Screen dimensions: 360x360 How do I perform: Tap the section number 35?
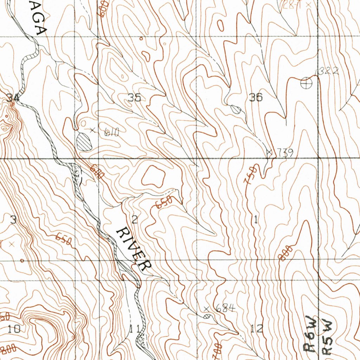[x=134, y=98]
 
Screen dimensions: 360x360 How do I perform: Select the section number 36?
[x=256, y=97]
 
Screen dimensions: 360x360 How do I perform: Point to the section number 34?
[x=13, y=98]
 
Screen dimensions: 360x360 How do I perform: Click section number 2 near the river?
[x=134, y=220]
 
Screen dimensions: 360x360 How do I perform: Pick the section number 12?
[x=257, y=329]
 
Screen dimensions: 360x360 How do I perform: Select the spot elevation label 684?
[x=225, y=309]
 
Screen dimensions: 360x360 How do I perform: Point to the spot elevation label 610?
[x=112, y=133]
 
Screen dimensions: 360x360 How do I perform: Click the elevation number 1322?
[x=327, y=71]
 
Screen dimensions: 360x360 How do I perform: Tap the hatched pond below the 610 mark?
[x=84, y=142]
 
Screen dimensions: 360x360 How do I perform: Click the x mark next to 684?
[x=206, y=309]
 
